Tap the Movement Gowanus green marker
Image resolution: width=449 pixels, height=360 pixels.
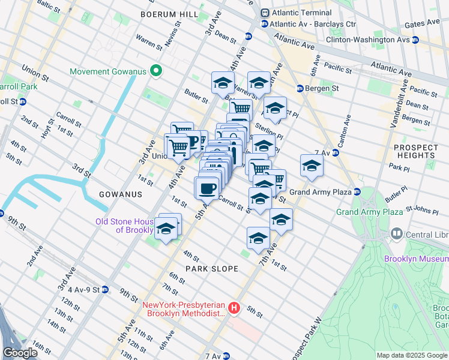click(156, 72)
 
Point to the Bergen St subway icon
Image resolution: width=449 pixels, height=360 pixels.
click(300, 88)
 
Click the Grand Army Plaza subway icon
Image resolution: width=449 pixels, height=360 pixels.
click(357, 192)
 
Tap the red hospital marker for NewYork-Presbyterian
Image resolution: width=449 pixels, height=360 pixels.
click(234, 309)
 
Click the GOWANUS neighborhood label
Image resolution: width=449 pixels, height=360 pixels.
click(121, 194)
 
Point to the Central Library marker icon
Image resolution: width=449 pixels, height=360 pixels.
click(396, 233)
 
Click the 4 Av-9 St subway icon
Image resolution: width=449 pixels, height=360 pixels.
click(105, 289)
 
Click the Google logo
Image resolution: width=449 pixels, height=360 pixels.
click(20, 353)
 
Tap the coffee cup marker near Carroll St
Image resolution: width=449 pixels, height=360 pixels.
click(207, 188)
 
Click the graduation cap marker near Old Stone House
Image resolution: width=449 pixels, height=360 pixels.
click(166, 229)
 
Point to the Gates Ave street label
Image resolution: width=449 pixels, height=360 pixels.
click(423, 24)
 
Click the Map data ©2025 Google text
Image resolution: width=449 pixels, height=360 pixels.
click(411, 355)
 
